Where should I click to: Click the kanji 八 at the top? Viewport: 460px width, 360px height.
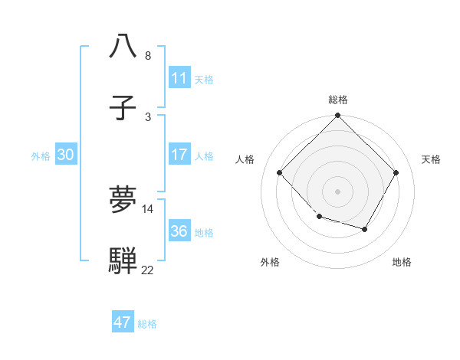pos(123,46)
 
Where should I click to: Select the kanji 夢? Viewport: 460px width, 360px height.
pos(123,200)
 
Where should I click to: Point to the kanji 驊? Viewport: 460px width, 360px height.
pos(123,260)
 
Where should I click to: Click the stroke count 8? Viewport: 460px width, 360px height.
pos(148,56)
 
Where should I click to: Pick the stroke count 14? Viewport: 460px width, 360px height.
pos(148,208)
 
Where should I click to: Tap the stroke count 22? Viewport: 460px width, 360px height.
pos(148,270)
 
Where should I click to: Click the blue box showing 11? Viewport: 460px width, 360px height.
pos(179,78)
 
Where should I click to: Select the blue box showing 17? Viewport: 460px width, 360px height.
pos(179,155)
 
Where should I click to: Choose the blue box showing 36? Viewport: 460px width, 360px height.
pos(179,231)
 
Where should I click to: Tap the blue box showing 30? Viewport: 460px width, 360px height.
pos(65,155)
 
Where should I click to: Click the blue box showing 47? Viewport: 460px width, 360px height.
pos(123,322)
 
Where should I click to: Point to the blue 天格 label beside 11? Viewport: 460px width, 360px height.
pos(204,79)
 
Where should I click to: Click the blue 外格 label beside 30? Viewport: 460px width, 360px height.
pos(41,155)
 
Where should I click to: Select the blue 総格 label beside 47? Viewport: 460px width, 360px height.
pos(147,323)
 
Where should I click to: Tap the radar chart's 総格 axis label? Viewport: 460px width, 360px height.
pos(337,100)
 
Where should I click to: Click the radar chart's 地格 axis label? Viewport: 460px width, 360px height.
pos(402,262)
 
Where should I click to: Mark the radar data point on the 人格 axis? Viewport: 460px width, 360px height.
pos(280,173)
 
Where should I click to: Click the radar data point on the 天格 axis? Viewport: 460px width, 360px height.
pos(396,173)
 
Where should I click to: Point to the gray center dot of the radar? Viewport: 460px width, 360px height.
pos(337,191)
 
